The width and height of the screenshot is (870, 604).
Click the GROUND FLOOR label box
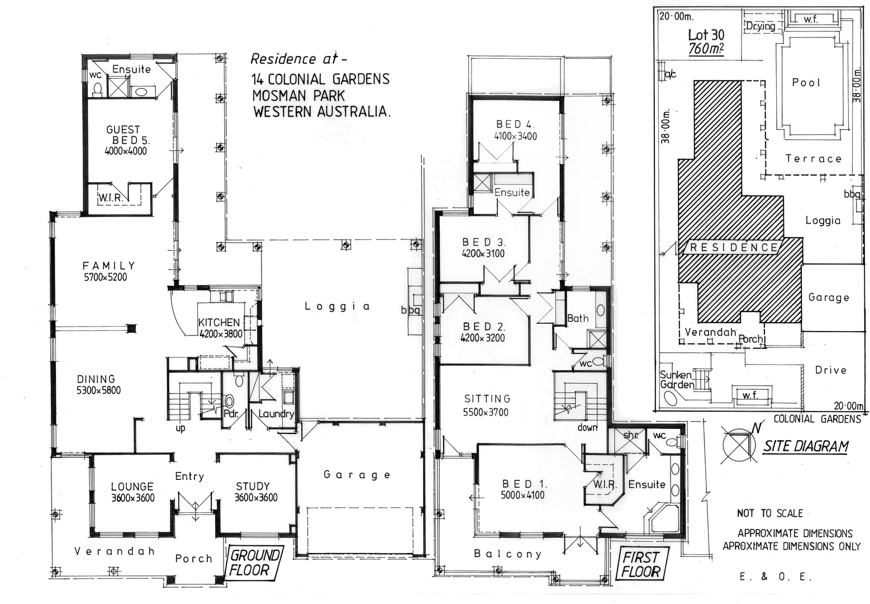tap(254, 563)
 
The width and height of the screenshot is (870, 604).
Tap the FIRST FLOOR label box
tap(641, 564)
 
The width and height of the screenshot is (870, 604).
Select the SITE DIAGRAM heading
tap(805, 446)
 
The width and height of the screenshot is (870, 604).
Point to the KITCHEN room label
tap(219, 322)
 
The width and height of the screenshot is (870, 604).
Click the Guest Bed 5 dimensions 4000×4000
tap(126, 151)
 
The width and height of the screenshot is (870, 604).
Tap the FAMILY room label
tap(109, 266)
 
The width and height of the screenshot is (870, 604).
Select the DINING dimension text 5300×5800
tap(99, 390)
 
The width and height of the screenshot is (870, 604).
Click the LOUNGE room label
tap(132, 487)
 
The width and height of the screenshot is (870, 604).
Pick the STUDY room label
tap(253, 487)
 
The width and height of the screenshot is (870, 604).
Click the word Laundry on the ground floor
tap(276, 414)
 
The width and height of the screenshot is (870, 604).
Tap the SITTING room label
tap(487, 399)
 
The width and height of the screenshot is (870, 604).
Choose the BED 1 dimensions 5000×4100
tap(522, 495)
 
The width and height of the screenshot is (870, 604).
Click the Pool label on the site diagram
tap(806, 83)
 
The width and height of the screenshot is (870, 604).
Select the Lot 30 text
tap(706, 35)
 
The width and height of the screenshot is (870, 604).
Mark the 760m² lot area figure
tap(706, 49)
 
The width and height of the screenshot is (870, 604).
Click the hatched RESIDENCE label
tap(734, 247)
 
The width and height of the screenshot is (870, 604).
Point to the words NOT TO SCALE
tap(769, 513)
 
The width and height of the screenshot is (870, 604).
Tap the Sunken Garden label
tap(677, 380)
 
